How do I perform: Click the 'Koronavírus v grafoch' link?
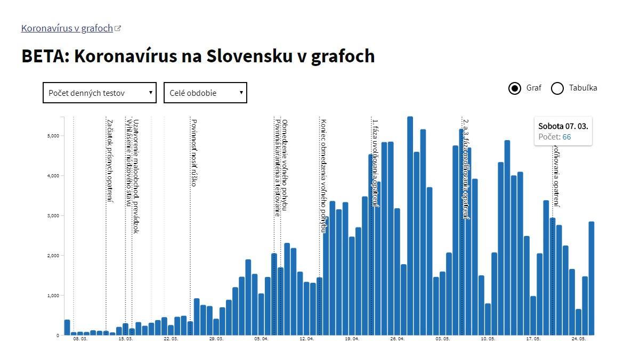coord(67,28)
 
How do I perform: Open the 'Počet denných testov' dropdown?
coord(99,93)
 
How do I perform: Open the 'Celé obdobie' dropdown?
coord(205,93)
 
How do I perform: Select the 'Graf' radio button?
coord(515,88)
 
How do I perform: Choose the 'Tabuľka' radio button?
coord(557,88)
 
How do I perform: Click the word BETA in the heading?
coord(43,56)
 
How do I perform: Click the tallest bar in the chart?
coord(410,224)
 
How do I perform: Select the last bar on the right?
coord(592,277)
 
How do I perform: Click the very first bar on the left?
coord(67,327)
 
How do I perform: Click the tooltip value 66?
coord(566,137)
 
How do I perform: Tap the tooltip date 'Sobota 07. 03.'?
coord(563,127)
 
